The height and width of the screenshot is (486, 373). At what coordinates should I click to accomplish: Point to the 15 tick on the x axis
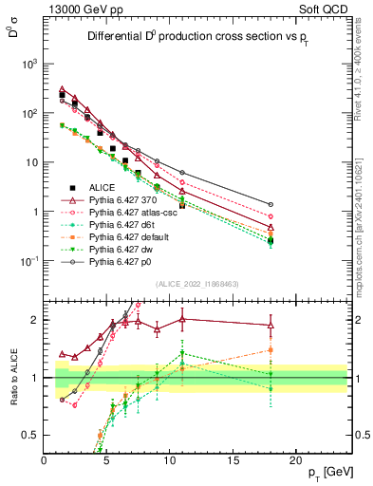tap(233, 460)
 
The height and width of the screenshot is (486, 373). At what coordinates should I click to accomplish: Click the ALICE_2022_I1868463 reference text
tap(196, 284)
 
